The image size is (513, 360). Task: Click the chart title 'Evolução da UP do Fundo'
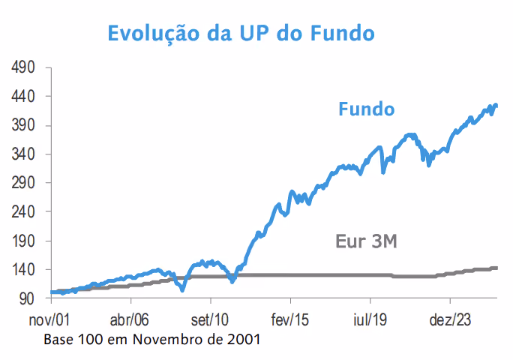241,34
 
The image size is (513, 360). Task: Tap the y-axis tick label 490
23,67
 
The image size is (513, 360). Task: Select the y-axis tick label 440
23,97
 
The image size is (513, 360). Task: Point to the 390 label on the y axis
23,125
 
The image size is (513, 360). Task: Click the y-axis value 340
23,154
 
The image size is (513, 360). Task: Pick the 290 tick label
23,183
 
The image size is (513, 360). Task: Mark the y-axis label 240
23,211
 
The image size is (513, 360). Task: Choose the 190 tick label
23,241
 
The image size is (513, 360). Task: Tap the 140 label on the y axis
23,270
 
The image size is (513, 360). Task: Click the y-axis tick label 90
27,298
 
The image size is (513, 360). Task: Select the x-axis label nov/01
49,319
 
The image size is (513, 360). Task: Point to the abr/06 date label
130,319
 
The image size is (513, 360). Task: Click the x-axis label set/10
210,319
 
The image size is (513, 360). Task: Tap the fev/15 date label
289,319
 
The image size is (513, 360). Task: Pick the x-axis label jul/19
370,319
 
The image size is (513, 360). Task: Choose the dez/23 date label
450,319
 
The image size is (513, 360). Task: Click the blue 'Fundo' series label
367,109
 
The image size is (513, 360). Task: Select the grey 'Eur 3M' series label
366,241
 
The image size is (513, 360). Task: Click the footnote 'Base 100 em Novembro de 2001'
152,340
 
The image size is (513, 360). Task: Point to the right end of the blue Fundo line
496,105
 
